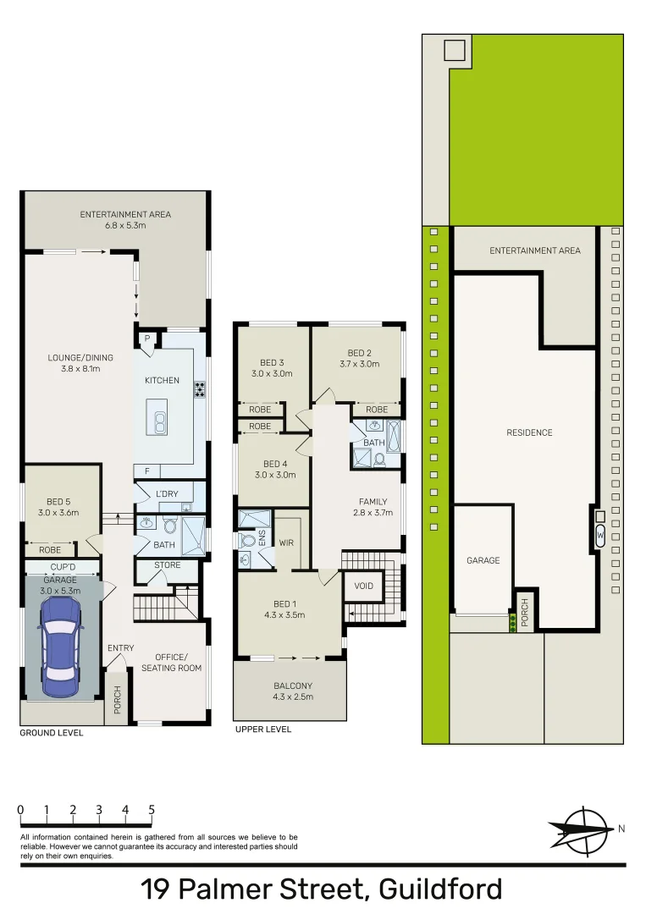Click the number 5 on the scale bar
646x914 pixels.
[x=152, y=810]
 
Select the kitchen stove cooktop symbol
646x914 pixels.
[x=201, y=389]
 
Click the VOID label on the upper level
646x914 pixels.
[x=364, y=586]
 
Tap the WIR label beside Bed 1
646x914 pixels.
[x=286, y=542]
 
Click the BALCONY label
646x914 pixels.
[x=292, y=686]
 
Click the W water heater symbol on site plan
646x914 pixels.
[x=600, y=535]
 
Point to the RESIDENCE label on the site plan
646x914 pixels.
[x=529, y=432]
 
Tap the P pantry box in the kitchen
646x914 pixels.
[x=147, y=339]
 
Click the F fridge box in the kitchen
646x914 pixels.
[x=147, y=471]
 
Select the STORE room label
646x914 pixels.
[x=167, y=565]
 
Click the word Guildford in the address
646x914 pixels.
[x=440, y=889]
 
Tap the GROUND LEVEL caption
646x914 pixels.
[x=52, y=733]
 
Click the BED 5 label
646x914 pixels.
[x=58, y=502]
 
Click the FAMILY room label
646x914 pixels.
[x=373, y=502]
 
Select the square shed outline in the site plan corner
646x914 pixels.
[x=455, y=50]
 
